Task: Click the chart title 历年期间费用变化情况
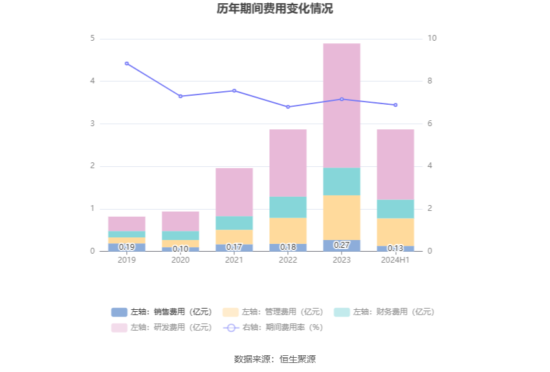[x=275, y=9]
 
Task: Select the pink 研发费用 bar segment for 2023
[x=342, y=105]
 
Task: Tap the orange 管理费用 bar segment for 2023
[x=342, y=217]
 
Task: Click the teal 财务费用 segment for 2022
[x=288, y=207]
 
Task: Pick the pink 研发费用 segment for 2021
[x=234, y=192]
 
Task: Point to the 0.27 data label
[x=342, y=245]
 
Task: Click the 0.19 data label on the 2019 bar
[x=127, y=247]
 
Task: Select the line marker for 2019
[x=127, y=63]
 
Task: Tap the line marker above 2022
[x=288, y=107]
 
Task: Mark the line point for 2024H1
[x=395, y=105]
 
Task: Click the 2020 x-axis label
[x=181, y=259]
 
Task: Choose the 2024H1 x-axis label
[x=395, y=259]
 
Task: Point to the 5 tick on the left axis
[x=93, y=39]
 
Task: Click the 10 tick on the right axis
[x=432, y=39]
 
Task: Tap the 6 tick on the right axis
[x=431, y=124]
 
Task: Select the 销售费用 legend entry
[x=161, y=312]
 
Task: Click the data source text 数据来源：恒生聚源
[x=275, y=359]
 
